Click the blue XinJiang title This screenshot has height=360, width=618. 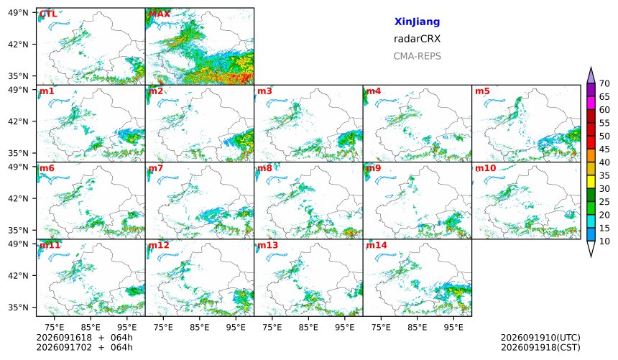pos(417,22)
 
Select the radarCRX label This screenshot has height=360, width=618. pos(417,39)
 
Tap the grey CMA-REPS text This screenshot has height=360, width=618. pos(417,56)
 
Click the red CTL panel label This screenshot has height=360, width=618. pos(48,14)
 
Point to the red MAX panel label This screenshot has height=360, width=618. pos(160,14)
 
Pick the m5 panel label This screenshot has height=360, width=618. pos(482,91)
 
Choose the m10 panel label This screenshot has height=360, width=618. pos(485,168)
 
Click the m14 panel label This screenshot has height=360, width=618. pos(377,245)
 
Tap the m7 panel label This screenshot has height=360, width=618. pos(155,168)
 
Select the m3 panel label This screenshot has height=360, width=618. pos(264,91)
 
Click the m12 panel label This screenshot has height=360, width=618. pos(158,245)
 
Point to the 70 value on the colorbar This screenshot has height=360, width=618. pos(604,83)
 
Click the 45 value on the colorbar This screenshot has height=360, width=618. pos(604,149)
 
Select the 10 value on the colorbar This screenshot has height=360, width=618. pos(604,241)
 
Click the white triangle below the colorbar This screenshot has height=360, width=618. pos(591,248)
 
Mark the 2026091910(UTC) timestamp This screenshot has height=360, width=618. pos(540,338)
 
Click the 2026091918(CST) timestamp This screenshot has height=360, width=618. pos(540,347)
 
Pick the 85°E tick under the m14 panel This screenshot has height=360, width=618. pos(417,327)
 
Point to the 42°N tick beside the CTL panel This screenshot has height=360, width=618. pos(18,44)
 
